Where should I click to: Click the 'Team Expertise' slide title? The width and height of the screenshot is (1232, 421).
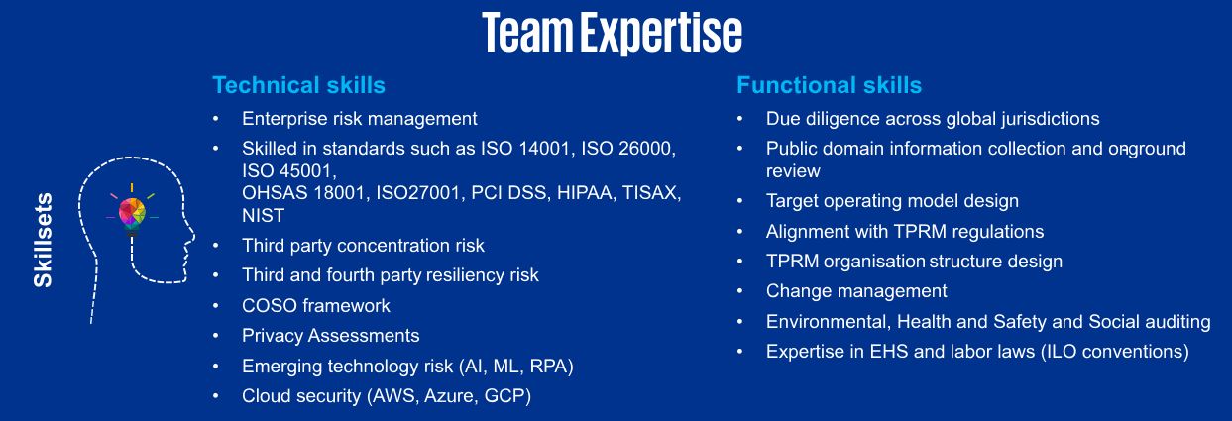[x=613, y=33]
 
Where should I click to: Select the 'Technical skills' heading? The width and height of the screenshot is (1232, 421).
[x=298, y=85]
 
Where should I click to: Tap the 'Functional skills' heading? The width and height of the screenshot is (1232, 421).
[x=829, y=85]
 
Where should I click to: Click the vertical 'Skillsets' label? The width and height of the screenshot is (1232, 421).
[x=43, y=240]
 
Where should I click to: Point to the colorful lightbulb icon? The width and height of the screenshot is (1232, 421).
[x=132, y=213]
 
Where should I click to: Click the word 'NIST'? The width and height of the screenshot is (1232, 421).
[x=264, y=215]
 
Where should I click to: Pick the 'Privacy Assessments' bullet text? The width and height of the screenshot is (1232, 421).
[x=331, y=336]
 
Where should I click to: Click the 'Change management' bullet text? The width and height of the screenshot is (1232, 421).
[x=856, y=291]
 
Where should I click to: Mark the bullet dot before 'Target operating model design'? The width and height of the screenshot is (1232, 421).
[x=740, y=201]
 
